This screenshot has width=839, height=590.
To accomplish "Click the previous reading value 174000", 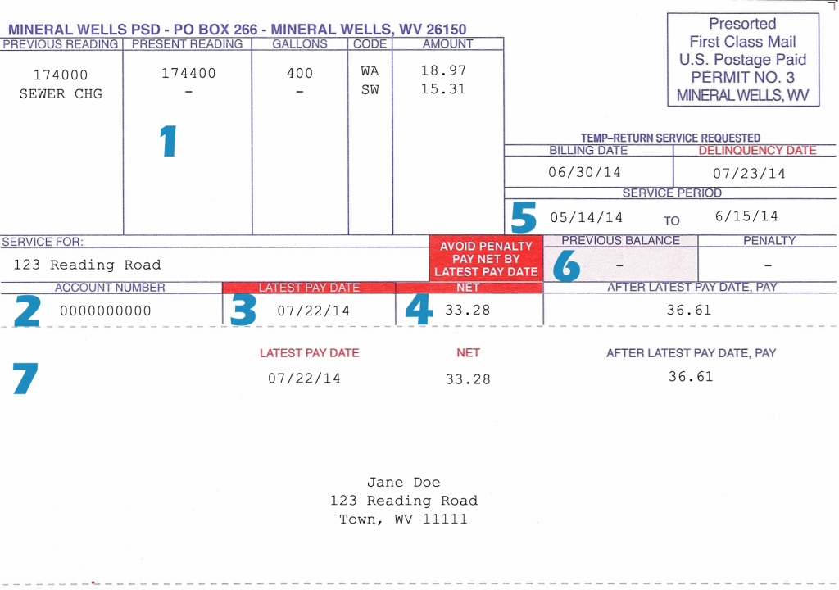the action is (x=61, y=75).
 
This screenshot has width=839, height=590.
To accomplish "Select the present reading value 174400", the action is (x=189, y=74).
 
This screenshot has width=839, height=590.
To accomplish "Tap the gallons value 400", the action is (x=300, y=74).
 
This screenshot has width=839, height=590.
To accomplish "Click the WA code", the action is (x=370, y=71).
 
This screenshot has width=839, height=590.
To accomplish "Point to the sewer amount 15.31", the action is (x=443, y=88).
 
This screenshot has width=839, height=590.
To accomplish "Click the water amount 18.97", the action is (x=443, y=70).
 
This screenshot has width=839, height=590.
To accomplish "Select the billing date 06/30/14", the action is (x=584, y=172).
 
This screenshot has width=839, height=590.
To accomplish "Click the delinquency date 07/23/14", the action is (x=749, y=174).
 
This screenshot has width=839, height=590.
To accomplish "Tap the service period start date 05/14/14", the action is (x=587, y=217).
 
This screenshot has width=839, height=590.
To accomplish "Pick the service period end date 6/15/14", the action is (x=746, y=216).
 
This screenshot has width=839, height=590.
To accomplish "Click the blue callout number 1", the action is (x=169, y=141).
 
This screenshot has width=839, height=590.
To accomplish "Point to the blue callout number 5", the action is (x=524, y=217).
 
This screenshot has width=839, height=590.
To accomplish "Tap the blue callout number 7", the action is (x=25, y=379).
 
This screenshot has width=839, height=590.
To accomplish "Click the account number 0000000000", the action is (x=106, y=311).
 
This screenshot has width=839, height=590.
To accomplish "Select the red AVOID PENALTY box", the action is (x=486, y=259).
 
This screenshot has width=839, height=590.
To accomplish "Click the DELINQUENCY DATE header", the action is (x=757, y=151).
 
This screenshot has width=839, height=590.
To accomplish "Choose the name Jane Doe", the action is (x=403, y=483).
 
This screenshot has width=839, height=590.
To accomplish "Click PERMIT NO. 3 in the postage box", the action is (x=742, y=77).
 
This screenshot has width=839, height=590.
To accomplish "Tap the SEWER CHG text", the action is (x=61, y=94).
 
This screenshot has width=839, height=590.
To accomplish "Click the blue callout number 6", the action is (x=566, y=266).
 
